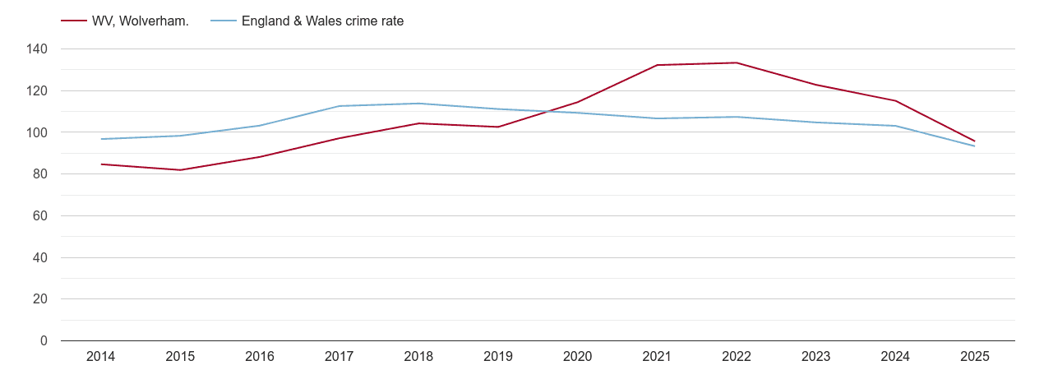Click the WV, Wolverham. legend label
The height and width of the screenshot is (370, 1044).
click(141, 21)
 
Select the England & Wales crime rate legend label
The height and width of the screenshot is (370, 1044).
click(322, 21)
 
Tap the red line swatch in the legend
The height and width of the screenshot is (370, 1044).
click(74, 21)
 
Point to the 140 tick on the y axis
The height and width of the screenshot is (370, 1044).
click(37, 49)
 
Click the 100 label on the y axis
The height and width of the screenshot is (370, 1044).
click(37, 132)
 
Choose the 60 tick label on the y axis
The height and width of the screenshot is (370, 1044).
click(40, 216)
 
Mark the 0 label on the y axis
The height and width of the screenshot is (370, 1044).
click(44, 341)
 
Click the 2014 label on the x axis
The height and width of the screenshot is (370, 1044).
click(100, 357)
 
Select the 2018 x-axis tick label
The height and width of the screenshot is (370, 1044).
click(418, 357)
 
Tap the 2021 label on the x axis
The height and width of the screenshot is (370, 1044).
click(657, 357)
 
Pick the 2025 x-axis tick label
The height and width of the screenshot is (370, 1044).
click(975, 357)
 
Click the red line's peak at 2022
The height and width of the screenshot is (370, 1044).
click(737, 62)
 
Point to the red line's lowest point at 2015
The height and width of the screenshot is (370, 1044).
click(180, 170)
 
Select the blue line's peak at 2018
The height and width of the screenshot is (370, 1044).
click(418, 104)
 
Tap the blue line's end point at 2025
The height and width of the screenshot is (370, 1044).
click(975, 146)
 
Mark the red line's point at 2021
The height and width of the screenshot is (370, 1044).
click(657, 65)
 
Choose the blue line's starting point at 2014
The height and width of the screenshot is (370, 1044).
click(100, 139)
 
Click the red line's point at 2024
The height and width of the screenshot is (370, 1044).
click(895, 100)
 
